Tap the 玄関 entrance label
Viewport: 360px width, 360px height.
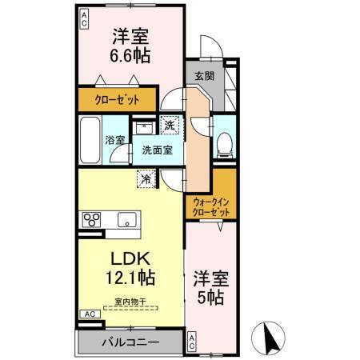click(203, 76)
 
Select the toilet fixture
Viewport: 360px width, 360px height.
click(225, 142)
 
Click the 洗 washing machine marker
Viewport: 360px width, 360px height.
click(170, 124)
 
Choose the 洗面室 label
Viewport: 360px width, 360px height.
click(155, 150)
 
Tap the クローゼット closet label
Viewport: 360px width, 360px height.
click(120, 100)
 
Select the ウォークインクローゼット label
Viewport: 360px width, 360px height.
click(212, 208)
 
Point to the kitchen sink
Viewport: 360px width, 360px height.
click(126, 218)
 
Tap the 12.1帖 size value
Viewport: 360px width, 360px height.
click(128, 280)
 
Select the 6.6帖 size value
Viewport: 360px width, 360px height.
click(130, 57)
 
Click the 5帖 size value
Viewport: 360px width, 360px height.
click(212, 298)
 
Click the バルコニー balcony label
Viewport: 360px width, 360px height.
click(130, 343)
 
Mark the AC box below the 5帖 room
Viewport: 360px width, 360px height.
click(192, 342)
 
